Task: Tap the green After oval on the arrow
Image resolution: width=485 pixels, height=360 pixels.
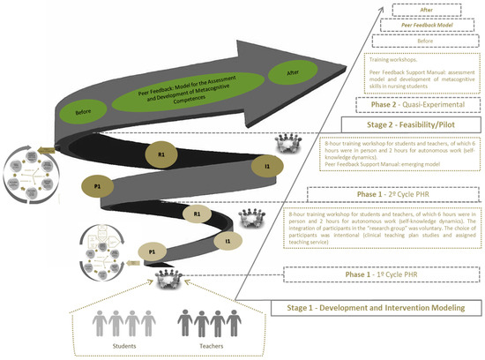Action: tap(293, 77)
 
